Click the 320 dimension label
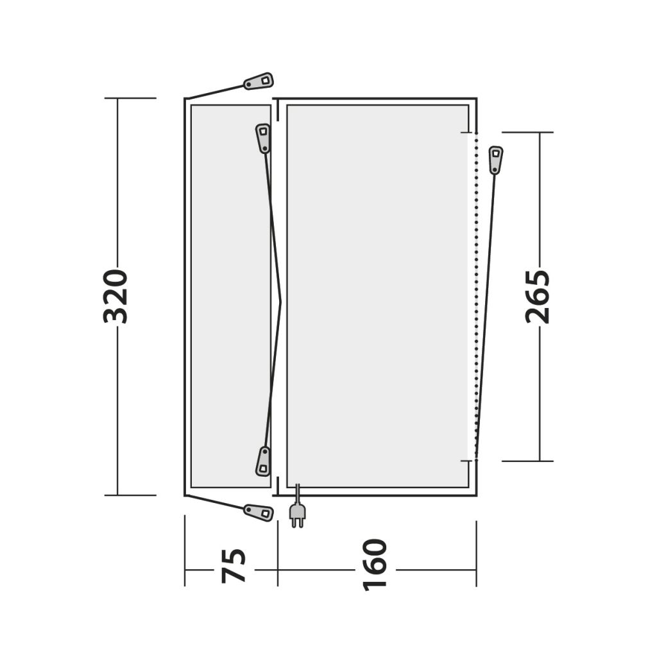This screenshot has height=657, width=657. (x=115, y=296)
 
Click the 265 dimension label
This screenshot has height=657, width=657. (x=537, y=296)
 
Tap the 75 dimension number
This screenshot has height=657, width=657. (x=234, y=566)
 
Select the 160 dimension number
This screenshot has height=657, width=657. (x=375, y=565)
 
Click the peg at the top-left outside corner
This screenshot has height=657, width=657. (x=259, y=81)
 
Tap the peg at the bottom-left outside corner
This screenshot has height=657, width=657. (x=259, y=513)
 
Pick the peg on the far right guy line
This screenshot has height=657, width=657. (x=496, y=160)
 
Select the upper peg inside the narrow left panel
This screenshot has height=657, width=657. (x=262, y=139)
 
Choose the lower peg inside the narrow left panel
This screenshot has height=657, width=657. (x=263, y=461)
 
